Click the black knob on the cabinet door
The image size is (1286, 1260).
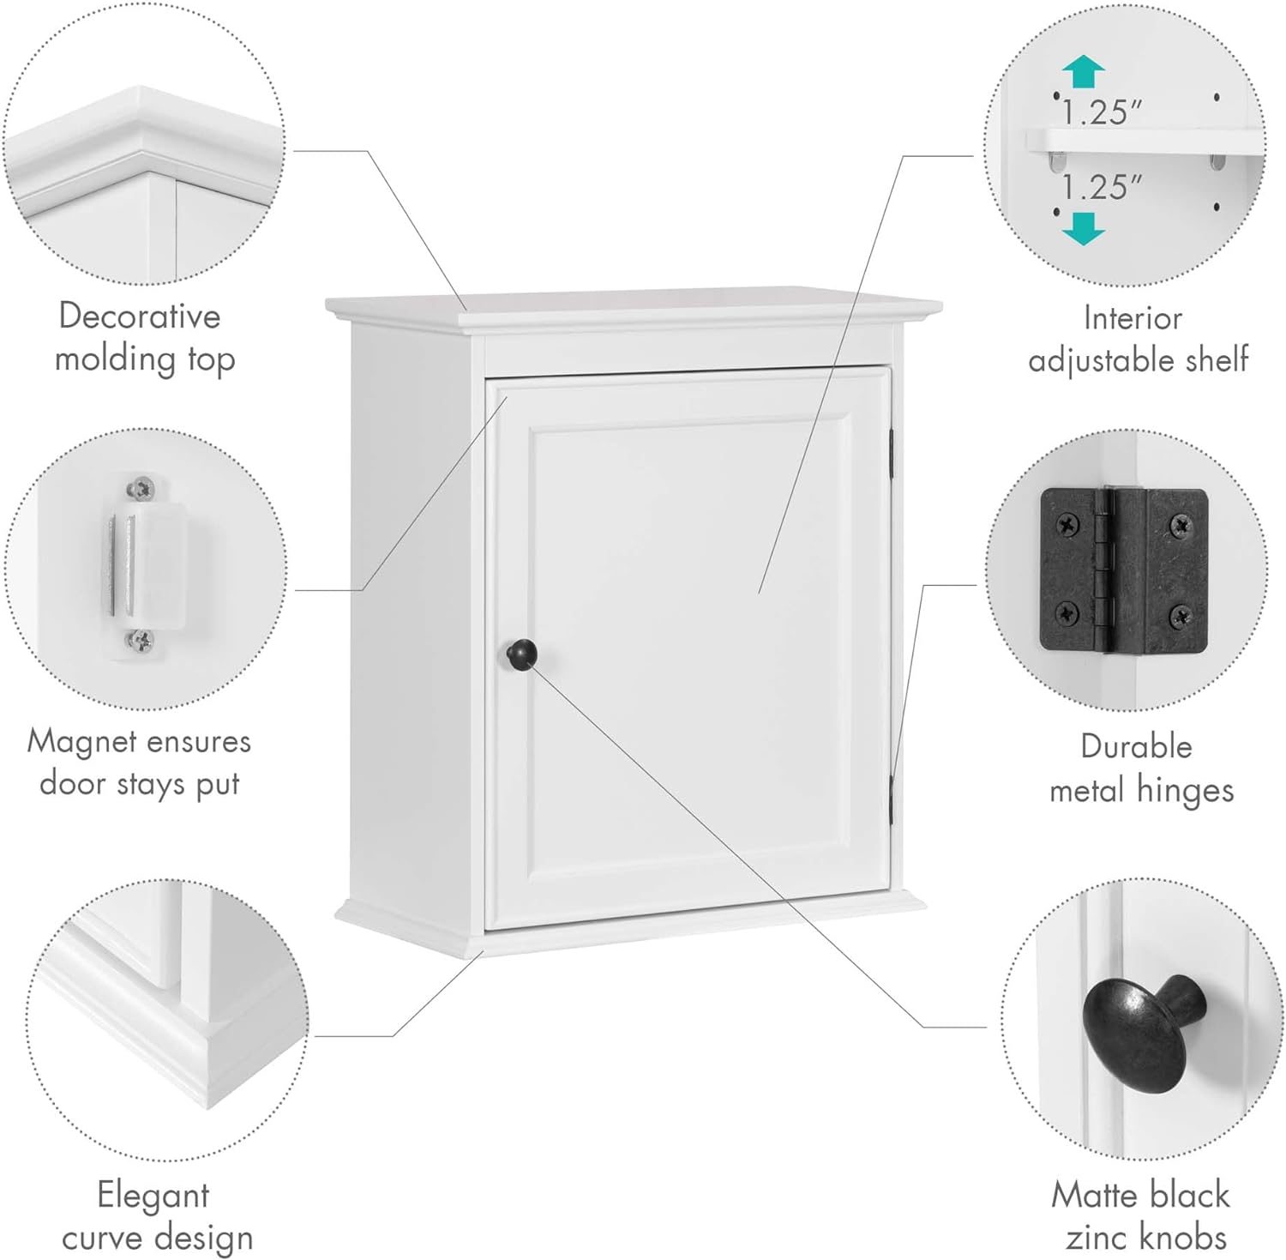(x=521, y=654)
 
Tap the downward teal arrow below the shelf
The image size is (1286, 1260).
(x=1084, y=228)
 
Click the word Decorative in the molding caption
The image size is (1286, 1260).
(x=140, y=317)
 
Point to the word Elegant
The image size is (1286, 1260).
(x=153, y=1195)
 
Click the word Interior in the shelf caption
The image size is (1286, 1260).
(x=1133, y=318)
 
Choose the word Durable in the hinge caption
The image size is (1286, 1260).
(x=1136, y=746)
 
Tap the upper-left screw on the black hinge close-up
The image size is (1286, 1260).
(x=1068, y=523)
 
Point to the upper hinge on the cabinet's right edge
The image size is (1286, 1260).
(x=892, y=452)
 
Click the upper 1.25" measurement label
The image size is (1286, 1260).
(x=1102, y=112)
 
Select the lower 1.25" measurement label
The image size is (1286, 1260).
(x=1102, y=187)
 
